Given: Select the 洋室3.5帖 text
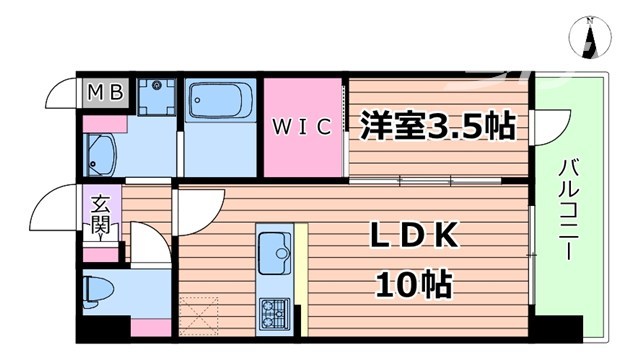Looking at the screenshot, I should (x=437, y=127).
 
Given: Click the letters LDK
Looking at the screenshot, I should (x=417, y=237).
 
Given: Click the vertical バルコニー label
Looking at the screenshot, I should (x=568, y=206).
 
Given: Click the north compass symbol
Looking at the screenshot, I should (x=592, y=41).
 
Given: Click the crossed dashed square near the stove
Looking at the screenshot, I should (x=201, y=322).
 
